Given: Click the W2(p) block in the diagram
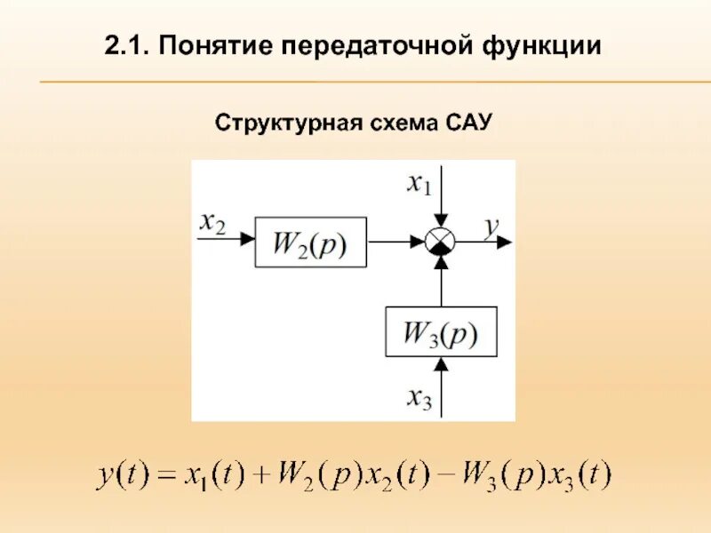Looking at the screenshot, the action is point(309,241).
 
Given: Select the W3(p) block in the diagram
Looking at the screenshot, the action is point(441,331).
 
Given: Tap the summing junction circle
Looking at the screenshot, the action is point(441,241).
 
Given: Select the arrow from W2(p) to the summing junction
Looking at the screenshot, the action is point(395,241).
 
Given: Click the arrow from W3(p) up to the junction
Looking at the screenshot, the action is point(441,280).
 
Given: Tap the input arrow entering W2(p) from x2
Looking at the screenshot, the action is point(227,241).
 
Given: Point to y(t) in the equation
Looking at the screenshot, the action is point(120,476).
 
